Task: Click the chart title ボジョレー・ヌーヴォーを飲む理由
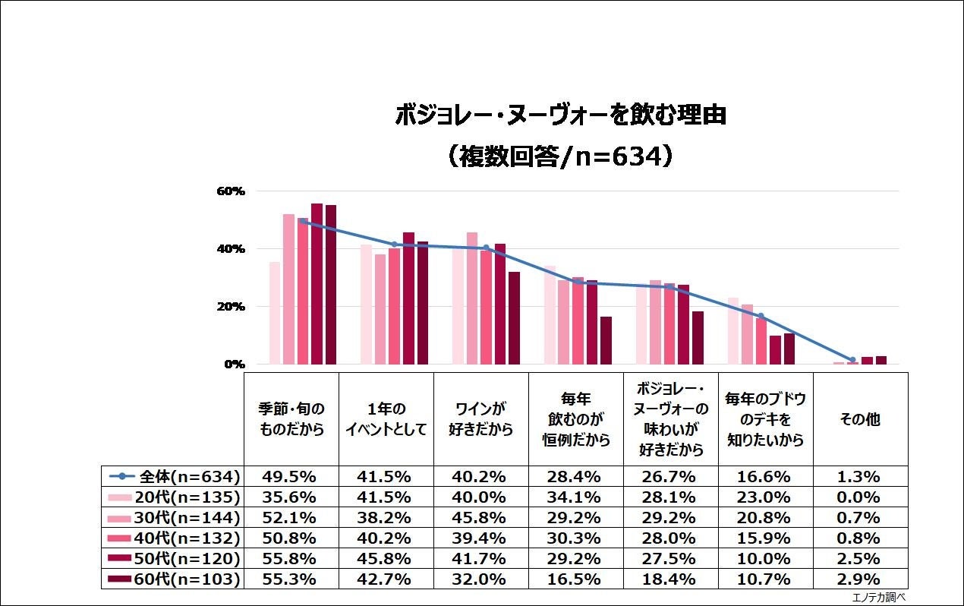560,115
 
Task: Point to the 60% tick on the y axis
228,191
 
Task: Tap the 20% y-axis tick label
228,307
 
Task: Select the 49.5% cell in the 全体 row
291,477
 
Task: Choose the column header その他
860,418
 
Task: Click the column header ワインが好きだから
480,418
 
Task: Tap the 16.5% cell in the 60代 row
575,579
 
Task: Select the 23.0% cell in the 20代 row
765,497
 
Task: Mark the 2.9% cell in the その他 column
860,579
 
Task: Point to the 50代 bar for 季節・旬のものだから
317,284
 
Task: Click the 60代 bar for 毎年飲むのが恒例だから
606,340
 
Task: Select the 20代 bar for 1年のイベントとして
366,305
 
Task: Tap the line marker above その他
852,360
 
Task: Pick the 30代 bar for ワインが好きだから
472,298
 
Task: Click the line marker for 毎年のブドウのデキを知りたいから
761,316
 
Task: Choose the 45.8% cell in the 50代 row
386,559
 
